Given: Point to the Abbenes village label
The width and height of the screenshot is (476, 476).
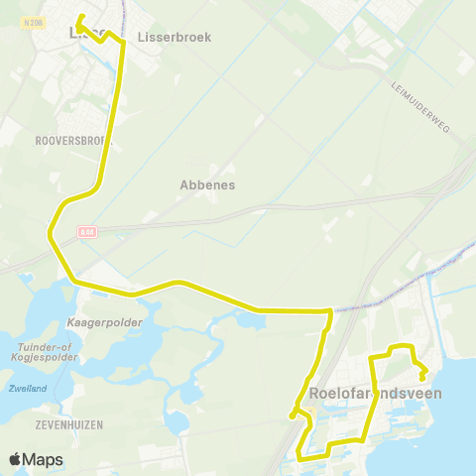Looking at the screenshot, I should [206, 184].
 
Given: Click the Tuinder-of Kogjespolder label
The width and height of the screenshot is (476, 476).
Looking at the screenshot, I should [40, 352].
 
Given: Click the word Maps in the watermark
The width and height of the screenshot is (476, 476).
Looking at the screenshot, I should [43, 459].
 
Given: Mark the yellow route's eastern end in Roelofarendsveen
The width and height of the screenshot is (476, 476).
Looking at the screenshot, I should [422, 378].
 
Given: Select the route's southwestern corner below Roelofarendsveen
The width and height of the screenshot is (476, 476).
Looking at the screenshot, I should [299, 458].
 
